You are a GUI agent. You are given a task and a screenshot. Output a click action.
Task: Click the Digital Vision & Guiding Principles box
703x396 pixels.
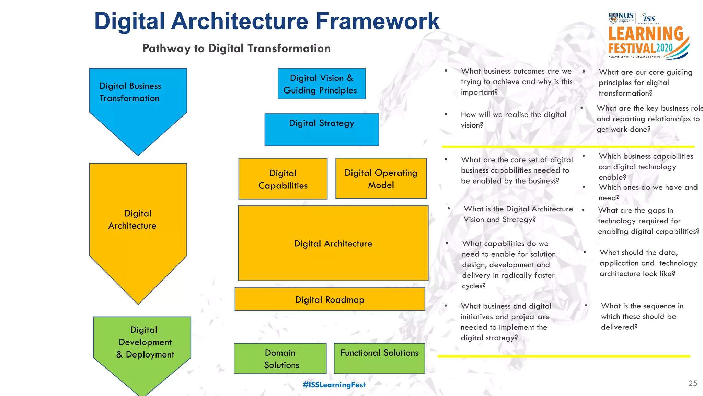pyautogui.click(x=322, y=84)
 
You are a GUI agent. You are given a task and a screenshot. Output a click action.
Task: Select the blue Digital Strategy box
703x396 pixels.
pyautogui.click(x=322, y=130)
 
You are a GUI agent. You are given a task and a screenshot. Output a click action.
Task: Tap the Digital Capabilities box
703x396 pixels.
pyautogui.click(x=283, y=179)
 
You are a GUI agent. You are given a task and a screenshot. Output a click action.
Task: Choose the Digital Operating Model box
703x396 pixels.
pyautogui.click(x=381, y=178)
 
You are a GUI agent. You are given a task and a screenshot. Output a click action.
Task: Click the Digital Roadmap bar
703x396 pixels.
pyautogui.click(x=330, y=299)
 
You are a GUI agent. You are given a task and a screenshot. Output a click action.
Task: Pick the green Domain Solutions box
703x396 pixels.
pyautogui.click(x=280, y=359)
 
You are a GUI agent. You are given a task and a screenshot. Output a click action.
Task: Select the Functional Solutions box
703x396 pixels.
pyautogui.click(x=379, y=359)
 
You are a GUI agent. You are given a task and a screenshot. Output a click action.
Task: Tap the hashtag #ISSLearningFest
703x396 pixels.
pyautogui.click(x=334, y=385)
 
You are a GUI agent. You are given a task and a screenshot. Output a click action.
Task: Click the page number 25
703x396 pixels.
pyautogui.click(x=693, y=383)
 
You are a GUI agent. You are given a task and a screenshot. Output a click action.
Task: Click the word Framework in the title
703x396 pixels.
pyautogui.click(x=377, y=21)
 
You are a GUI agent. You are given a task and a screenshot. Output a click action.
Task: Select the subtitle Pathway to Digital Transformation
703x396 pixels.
pyautogui.click(x=237, y=48)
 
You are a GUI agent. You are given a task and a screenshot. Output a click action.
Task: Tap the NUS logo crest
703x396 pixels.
pyautogui.click(x=613, y=18)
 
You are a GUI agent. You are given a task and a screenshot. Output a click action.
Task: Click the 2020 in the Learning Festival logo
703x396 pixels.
pyautogui.click(x=665, y=48)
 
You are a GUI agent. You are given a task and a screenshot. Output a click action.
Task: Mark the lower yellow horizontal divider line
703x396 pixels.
pyautogui.click(x=563, y=356)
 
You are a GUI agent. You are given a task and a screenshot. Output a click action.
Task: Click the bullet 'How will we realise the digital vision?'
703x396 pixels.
pyautogui.click(x=513, y=120)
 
